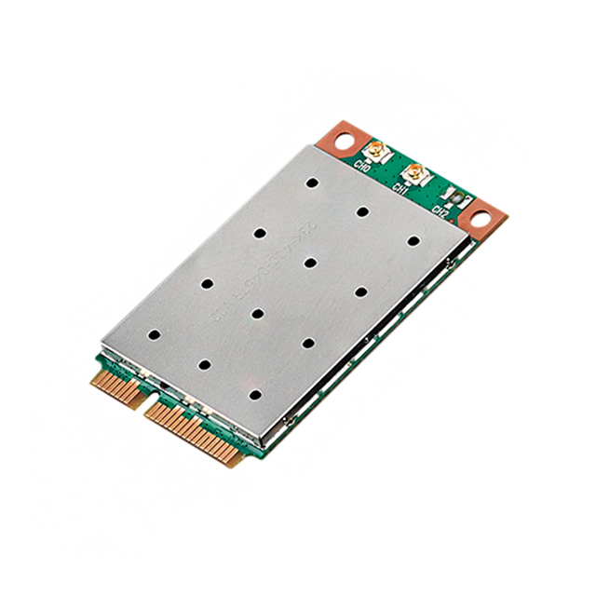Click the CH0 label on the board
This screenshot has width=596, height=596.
(364, 169)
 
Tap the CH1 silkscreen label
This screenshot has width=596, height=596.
(401, 189)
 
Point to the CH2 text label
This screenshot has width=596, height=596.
(441, 210)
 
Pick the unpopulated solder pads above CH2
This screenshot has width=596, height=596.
(454, 196)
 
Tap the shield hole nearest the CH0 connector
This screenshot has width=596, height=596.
(313, 179)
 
